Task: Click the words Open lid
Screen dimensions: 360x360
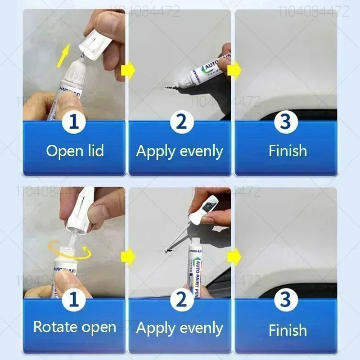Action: (75, 151)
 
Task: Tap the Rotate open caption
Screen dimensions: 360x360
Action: (75, 327)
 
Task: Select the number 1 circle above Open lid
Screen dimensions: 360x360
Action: (75, 122)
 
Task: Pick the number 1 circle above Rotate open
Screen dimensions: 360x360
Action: (75, 299)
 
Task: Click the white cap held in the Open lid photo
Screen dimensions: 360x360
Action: (95, 40)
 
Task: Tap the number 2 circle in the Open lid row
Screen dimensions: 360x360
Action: (180, 122)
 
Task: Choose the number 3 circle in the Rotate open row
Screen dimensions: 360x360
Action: (287, 299)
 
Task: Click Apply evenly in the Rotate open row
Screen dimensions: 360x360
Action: (180, 328)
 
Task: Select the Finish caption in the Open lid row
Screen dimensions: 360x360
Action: (287, 151)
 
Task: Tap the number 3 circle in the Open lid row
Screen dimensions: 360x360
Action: (287, 122)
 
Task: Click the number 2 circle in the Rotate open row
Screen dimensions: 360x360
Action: (180, 299)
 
